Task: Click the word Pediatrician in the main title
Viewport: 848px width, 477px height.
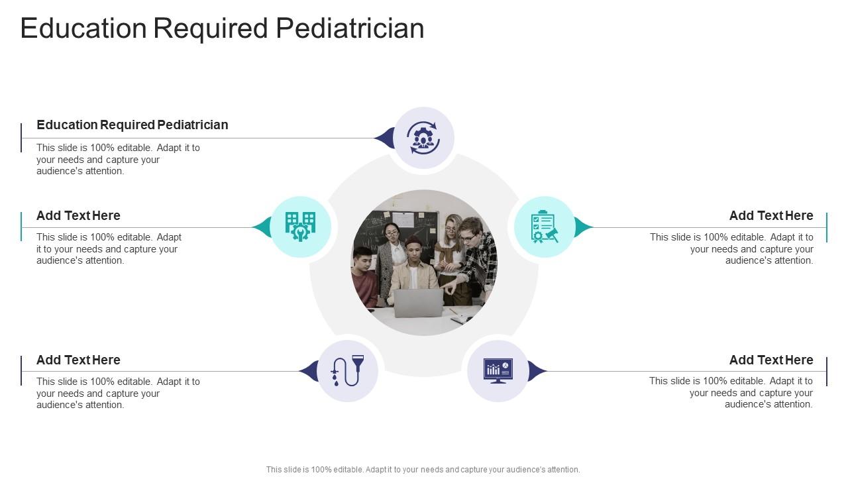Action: click(349, 28)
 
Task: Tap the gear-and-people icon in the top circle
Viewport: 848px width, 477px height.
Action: click(423, 138)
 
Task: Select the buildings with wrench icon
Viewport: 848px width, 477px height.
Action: click(300, 227)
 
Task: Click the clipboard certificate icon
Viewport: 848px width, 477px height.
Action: click(544, 227)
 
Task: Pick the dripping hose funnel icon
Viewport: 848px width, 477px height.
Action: click(347, 371)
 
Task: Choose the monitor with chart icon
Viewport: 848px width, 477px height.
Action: click(498, 371)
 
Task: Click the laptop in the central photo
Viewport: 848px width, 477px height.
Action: click(418, 303)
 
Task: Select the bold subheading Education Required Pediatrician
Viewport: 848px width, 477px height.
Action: click(132, 125)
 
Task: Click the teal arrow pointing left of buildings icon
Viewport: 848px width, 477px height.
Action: click(262, 227)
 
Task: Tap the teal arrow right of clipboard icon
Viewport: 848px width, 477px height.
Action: click(583, 227)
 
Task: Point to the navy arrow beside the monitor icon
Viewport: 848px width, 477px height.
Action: click(537, 371)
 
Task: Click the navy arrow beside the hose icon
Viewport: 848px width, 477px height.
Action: click(309, 371)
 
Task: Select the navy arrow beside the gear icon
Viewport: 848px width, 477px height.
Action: click(384, 138)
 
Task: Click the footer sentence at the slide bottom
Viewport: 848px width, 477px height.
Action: click(423, 469)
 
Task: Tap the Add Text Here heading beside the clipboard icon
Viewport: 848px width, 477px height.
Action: click(770, 215)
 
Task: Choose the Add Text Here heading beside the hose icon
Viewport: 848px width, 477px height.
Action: click(78, 360)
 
